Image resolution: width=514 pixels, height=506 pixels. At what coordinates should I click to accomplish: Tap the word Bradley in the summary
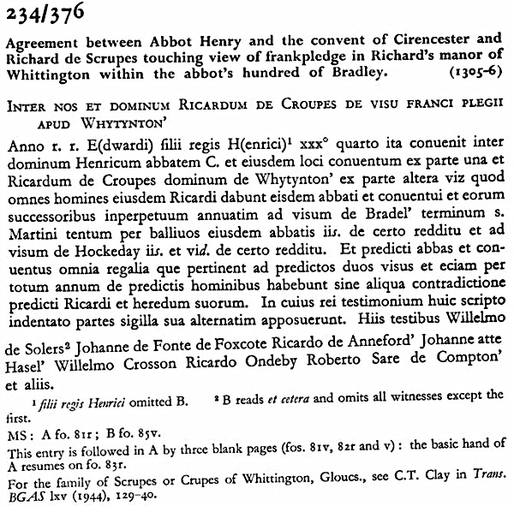pyautogui.click(x=346, y=73)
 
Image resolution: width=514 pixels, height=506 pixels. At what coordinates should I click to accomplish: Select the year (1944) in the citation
pyautogui.click(x=87, y=496)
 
